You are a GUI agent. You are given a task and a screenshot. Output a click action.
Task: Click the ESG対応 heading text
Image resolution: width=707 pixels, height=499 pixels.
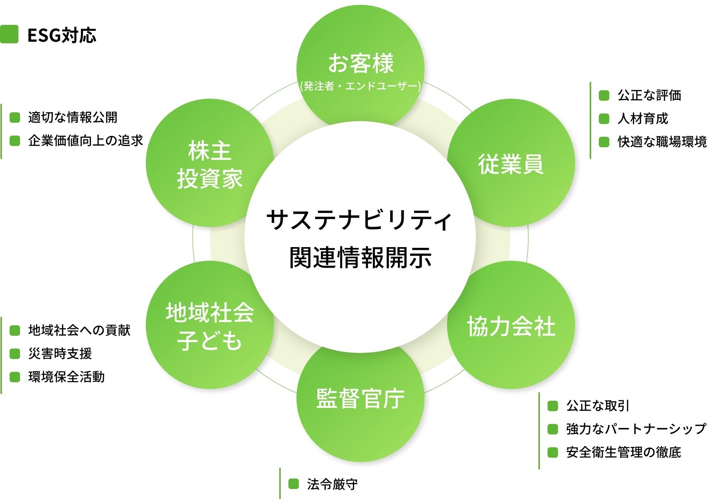pos(62,35)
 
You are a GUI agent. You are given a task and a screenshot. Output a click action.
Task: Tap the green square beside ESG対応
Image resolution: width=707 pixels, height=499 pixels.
pos(9,34)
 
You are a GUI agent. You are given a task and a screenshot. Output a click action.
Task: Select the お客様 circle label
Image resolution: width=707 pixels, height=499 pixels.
pos(361,63)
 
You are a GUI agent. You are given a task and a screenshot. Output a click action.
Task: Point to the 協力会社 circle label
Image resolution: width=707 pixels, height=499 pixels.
pos(511,326)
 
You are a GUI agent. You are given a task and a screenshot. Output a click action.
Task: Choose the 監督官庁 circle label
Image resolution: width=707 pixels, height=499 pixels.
pos(360,398)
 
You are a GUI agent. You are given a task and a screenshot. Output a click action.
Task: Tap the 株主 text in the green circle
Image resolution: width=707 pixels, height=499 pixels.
pos(209,150)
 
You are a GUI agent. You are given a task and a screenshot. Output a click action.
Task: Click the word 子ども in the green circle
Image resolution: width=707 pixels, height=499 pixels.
pos(209,340)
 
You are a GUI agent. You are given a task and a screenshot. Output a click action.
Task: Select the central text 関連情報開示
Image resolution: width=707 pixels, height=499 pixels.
pos(360,257)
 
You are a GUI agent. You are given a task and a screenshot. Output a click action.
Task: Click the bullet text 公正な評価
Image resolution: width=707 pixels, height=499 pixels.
pos(649,95)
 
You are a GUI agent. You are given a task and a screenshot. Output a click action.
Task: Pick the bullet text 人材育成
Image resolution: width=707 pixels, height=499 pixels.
pos(643,119)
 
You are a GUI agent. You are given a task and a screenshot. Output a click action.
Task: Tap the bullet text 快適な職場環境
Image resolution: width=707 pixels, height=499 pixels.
pos(662,142)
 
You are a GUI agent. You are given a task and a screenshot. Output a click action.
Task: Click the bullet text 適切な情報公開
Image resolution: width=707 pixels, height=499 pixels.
pos(73,118)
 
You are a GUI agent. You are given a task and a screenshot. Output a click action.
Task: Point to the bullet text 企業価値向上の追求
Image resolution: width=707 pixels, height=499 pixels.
pos(85,141)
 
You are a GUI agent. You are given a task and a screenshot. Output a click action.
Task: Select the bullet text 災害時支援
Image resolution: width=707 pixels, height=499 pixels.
pos(60,354)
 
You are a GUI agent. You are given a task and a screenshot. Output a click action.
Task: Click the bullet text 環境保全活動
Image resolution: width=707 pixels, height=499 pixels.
pos(66,377)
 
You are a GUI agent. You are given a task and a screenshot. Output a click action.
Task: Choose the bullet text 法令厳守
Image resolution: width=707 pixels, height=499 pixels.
pos(332,484)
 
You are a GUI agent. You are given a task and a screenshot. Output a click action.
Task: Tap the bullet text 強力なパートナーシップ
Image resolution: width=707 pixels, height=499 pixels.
pos(636,429)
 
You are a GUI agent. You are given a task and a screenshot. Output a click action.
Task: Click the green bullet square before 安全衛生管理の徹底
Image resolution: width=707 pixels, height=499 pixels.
pos(553,452)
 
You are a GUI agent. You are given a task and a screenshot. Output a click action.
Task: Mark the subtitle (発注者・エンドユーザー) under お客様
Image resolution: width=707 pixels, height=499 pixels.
pos(360,86)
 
